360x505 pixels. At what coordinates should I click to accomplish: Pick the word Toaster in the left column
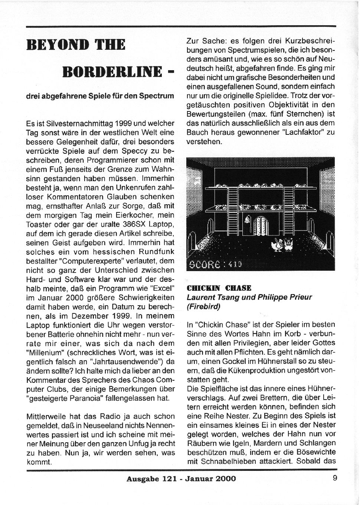(x=39, y=224)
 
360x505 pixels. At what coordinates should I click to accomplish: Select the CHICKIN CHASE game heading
(x=219, y=288)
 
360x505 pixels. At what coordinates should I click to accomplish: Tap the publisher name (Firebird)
(x=203, y=306)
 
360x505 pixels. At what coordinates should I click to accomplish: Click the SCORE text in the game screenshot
(x=205, y=264)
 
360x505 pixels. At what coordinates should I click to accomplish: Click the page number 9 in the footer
(x=335, y=478)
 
